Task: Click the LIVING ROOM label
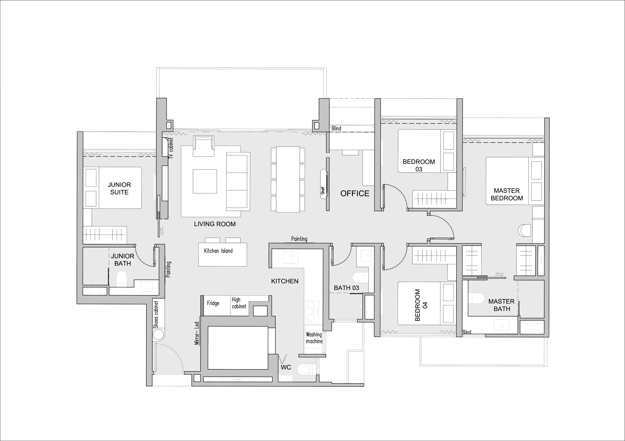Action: [215, 224]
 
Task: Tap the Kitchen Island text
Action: [218, 251]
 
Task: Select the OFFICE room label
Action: [355, 193]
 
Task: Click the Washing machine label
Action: [314, 338]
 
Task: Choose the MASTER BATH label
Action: [501, 305]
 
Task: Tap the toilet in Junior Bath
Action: [121, 279]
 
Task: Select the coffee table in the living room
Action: [205, 181]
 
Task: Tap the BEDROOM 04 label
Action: [421, 305]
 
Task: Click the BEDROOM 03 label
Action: [419, 165]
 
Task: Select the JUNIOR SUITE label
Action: [119, 188]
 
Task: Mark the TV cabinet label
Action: [171, 148]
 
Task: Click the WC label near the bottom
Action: [286, 367]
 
